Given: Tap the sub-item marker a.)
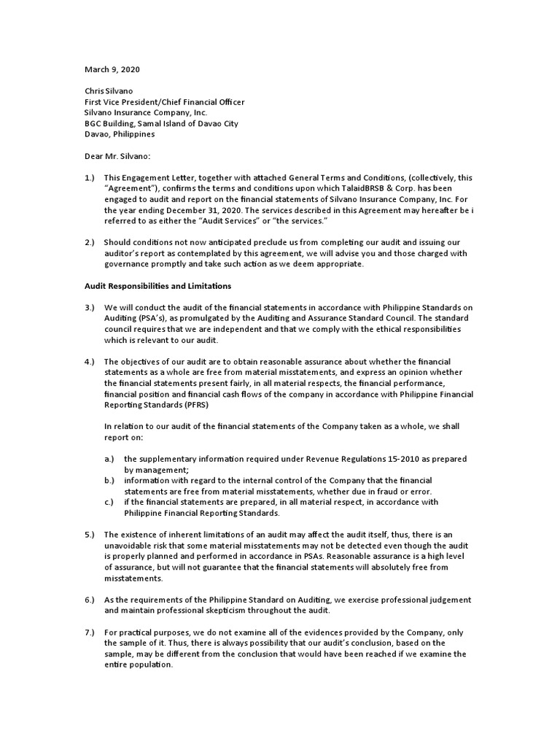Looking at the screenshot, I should click(x=110, y=459).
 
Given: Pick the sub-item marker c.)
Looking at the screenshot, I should click(x=109, y=502).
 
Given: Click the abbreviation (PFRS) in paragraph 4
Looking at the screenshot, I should click(x=191, y=405).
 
